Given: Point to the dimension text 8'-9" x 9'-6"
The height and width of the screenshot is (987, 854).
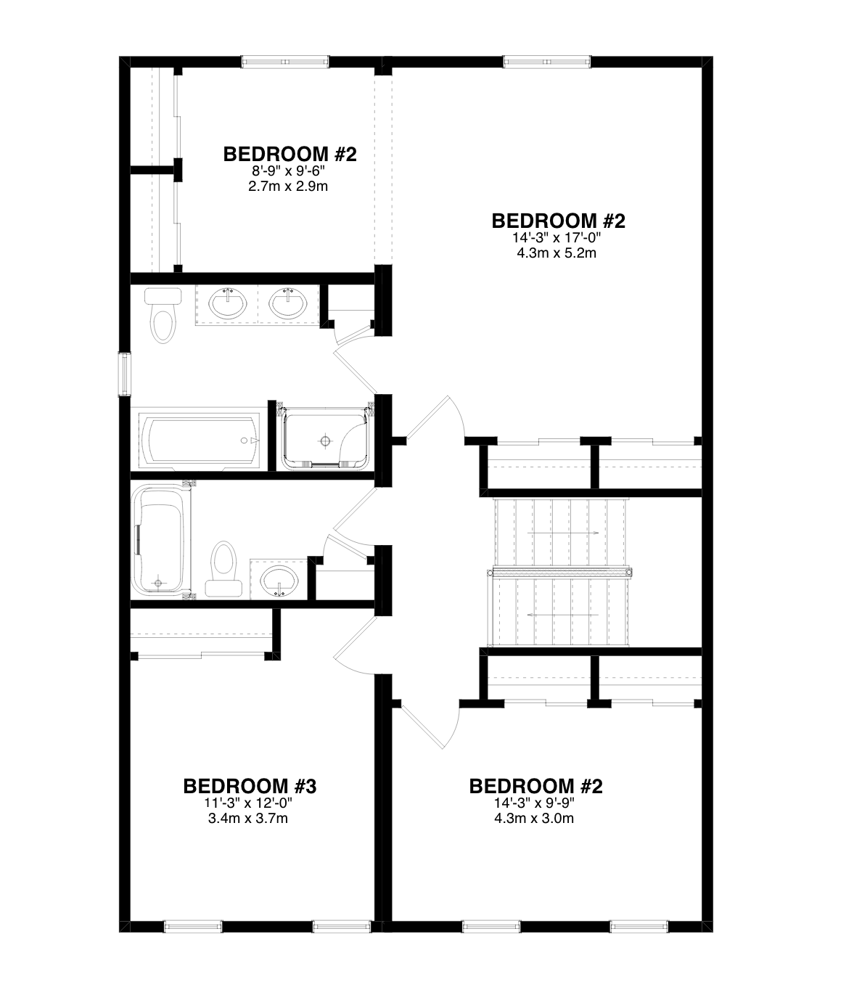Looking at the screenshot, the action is point(288,171).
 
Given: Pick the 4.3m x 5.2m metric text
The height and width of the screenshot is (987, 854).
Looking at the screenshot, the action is point(557,253).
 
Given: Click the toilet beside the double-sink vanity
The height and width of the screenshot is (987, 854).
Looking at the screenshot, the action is point(163,315).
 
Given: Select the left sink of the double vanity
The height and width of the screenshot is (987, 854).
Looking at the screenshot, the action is point(228,303).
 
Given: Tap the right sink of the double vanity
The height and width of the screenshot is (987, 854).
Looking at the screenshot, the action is point(288,303).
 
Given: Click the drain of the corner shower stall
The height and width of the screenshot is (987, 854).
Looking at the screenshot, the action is point(325,441).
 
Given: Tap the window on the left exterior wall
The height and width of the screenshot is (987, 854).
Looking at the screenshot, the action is point(125,374).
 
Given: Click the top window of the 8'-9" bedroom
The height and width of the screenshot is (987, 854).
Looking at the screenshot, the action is point(285,62).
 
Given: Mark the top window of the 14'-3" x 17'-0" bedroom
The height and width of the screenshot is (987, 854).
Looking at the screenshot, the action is point(547,62).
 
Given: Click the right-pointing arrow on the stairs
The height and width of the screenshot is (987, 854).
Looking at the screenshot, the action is point(563,533).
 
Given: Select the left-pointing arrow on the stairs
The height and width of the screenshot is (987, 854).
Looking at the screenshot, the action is point(563,615).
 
